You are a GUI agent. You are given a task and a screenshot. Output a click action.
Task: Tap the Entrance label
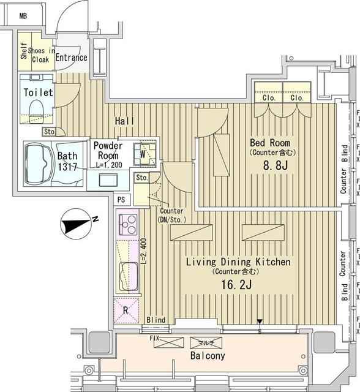(72, 58)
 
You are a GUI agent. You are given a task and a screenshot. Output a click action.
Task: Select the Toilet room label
(38, 92)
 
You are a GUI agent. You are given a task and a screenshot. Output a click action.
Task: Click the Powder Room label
(108, 151)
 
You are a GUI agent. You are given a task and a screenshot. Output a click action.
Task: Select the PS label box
(121, 200)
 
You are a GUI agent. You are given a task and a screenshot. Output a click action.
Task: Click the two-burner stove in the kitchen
(128, 226)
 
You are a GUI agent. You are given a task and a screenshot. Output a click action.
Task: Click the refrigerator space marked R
(126, 310)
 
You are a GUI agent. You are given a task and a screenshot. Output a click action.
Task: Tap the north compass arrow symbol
(77, 224)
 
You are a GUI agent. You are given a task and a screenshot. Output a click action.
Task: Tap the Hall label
(125, 122)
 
